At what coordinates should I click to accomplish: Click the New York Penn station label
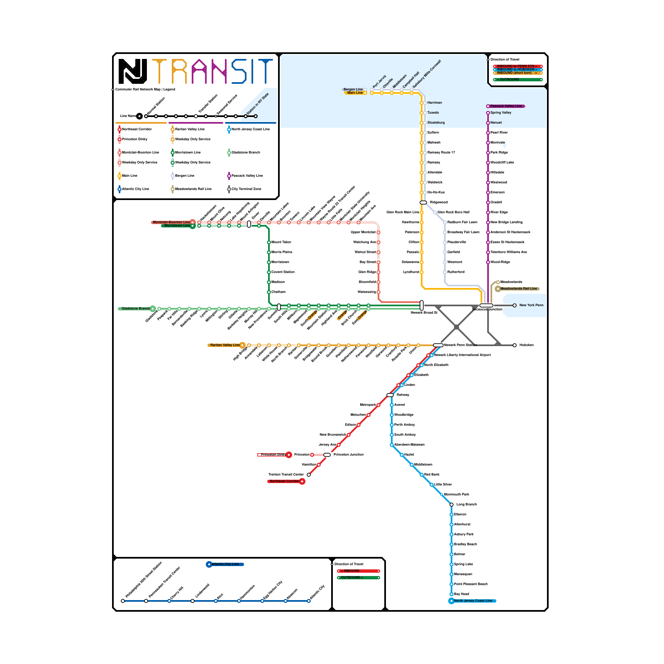tap(531, 305)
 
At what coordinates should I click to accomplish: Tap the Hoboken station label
tap(526, 345)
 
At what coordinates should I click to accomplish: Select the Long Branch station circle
tap(452, 505)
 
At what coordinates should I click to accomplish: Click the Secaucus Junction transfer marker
tap(486, 305)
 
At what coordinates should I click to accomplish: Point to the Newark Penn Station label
tap(460, 345)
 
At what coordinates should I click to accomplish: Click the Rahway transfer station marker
tap(390, 395)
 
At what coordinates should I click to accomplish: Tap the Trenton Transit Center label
tap(286, 474)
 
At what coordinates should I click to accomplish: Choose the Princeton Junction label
tap(348, 454)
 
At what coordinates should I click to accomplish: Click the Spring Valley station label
tap(500, 112)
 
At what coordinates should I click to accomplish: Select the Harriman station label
tap(435, 103)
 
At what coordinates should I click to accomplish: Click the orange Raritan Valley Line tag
tap(225, 345)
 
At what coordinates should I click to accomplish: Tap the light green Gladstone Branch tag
tap(135, 308)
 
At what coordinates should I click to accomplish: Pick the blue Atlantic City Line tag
tap(225, 564)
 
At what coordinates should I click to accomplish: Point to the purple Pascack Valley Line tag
tap(506, 106)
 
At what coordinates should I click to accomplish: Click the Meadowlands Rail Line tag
tap(518, 288)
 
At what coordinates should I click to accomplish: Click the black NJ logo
tap(133, 71)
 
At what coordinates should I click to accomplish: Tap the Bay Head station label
tap(461, 594)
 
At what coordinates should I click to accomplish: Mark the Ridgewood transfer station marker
tap(423, 203)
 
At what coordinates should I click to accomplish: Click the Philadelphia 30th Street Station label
tap(144, 580)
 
